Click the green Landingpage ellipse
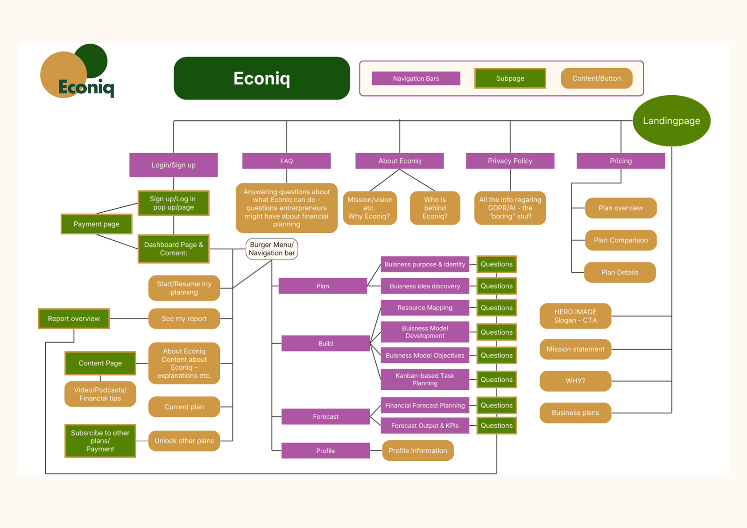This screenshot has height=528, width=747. (x=671, y=120)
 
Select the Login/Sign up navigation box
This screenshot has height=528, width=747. (x=173, y=165)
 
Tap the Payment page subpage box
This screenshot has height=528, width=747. (x=96, y=224)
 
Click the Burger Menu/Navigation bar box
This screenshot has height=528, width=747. (x=272, y=249)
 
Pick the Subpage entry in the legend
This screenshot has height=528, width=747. (x=510, y=78)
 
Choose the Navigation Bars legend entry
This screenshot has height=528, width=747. (x=416, y=78)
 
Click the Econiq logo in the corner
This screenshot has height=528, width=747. (x=77, y=72)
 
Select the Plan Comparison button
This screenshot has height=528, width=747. (x=620, y=240)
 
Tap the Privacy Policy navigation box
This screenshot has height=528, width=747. (x=510, y=161)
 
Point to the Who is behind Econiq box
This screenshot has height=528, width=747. (x=435, y=208)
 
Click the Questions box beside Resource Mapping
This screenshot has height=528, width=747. (x=496, y=308)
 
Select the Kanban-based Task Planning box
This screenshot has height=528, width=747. (x=424, y=379)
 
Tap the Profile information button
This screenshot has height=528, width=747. (x=417, y=451)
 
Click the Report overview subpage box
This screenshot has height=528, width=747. (x=74, y=318)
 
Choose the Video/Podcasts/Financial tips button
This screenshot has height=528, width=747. (x=100, y=394)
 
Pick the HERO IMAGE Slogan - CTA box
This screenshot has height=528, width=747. (x=575, y=316)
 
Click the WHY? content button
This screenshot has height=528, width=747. (x=575, y=381)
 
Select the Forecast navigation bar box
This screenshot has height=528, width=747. (x=325, y=416)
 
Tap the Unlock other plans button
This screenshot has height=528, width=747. (x=184, y=441)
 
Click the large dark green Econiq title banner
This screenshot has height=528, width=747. (x=261, y=78)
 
